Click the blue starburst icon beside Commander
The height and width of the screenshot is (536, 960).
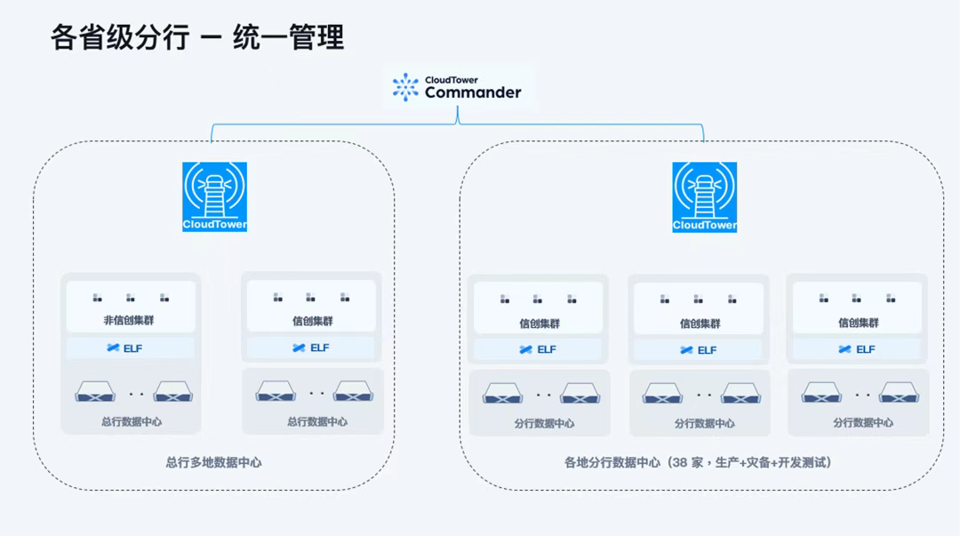405,87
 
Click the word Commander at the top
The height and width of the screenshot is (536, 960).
473,92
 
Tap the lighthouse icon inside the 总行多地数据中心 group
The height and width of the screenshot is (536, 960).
214,196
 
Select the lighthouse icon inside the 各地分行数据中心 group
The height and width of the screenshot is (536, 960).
705,196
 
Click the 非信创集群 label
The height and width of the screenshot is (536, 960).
130,321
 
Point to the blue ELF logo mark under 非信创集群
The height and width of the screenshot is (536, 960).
113,348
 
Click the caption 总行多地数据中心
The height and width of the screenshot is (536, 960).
213,462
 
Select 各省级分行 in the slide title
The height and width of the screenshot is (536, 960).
119,38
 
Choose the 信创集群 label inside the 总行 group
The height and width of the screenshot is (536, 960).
312,321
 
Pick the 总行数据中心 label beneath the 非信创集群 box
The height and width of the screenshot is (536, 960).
132,421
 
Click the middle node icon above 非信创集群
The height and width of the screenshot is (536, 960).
131,298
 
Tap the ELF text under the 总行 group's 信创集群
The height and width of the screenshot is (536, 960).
320,348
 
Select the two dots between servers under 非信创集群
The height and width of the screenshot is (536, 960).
136,392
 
